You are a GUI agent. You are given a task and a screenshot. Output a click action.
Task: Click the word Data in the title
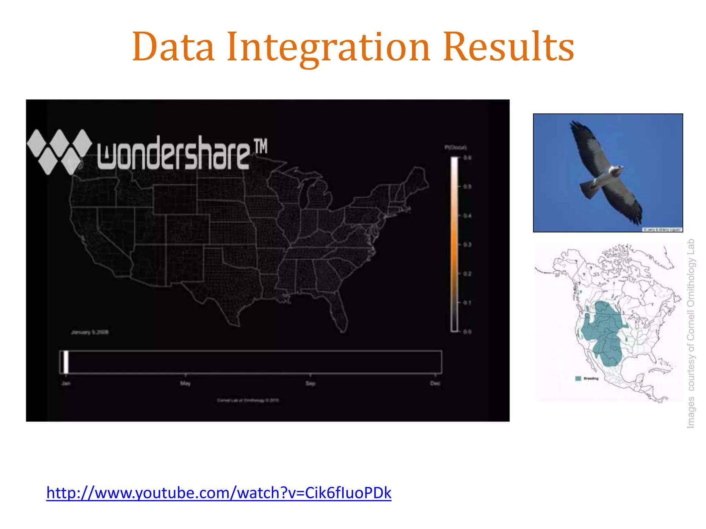pyautogui.click(x=173, y=47)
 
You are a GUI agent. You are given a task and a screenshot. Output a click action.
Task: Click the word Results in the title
pyautogui.click(x=508, y=47)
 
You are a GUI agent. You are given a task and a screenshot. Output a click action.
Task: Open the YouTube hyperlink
pyautogui.click(x=219, y=493)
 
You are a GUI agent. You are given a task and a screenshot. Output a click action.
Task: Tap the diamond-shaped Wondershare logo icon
pyautogui.click(x=59, y=152)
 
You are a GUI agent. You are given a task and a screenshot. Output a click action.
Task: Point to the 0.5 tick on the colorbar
pyautogui.click(x=467, y=187)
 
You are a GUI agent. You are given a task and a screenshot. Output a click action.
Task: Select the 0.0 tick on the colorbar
pyautogui.click(x=467, y=332)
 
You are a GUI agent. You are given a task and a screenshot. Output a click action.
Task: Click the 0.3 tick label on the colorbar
pyautogui.click(x=467, y=245)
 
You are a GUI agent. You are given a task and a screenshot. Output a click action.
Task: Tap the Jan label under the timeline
pyautogui.click(x=66, y=383)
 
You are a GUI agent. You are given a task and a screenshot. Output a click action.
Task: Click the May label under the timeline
pyautogui.click(x=185, y=383)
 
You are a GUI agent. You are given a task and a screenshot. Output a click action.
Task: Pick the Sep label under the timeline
pyautogui.click(x=310, y=383)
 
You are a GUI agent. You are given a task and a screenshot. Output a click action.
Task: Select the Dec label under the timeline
pyautogui.click(x=435, y=383)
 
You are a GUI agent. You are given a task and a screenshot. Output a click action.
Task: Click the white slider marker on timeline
pyautogui.click(x=65, y=362)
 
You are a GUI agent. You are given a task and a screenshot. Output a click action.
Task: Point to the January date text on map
pyautogui.click(x=90, y=332)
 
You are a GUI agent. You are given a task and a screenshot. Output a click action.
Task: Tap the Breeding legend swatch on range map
pyautogui.click(x=578, y=378)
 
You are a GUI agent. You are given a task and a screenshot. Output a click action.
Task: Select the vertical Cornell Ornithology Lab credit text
pyautogui.click(x=690, y=333)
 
